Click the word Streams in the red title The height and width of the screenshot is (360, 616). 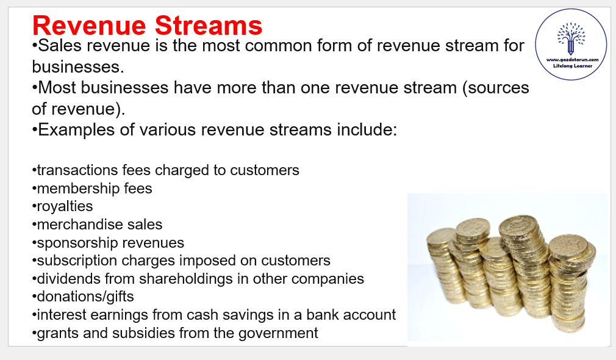click(208, 26)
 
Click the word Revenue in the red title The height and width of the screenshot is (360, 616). click(89, 26)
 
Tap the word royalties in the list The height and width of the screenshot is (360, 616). click(65, 207)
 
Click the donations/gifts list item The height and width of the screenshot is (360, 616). click(85, 297)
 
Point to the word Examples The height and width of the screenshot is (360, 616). click(76, 130)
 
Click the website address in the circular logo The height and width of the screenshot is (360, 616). click(573, 60)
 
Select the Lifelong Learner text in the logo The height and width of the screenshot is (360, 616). click(573, 66)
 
